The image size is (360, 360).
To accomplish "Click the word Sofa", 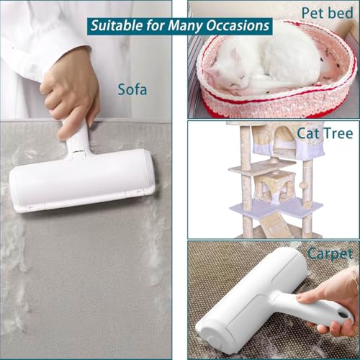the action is coord(132,89).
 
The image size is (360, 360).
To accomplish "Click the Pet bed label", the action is coord(328,13).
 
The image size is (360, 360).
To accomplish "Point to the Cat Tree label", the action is coord(325,133).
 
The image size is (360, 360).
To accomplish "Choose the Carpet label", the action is coord(330,254).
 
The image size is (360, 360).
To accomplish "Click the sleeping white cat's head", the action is coord(228,74).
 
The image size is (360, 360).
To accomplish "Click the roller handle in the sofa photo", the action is coord(77,139).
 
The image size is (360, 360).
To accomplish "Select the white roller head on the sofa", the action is coord(81,181).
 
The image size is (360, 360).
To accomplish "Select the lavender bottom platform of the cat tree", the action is coord(276,207).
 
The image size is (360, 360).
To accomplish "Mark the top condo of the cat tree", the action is coord(286,142).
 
